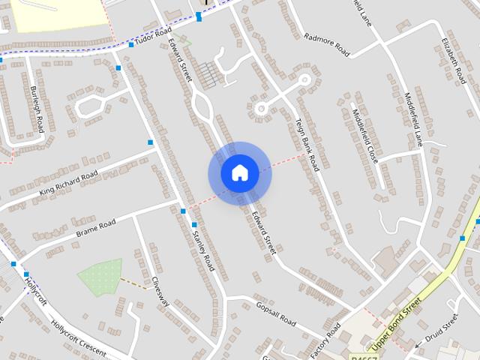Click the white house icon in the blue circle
tap(239, 173)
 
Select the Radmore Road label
tap(328, 44)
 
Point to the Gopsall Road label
tap(277, 313)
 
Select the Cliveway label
tap(160, 292)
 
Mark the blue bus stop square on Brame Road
tap(183, 211)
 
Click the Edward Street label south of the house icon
tap(264, 233)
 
